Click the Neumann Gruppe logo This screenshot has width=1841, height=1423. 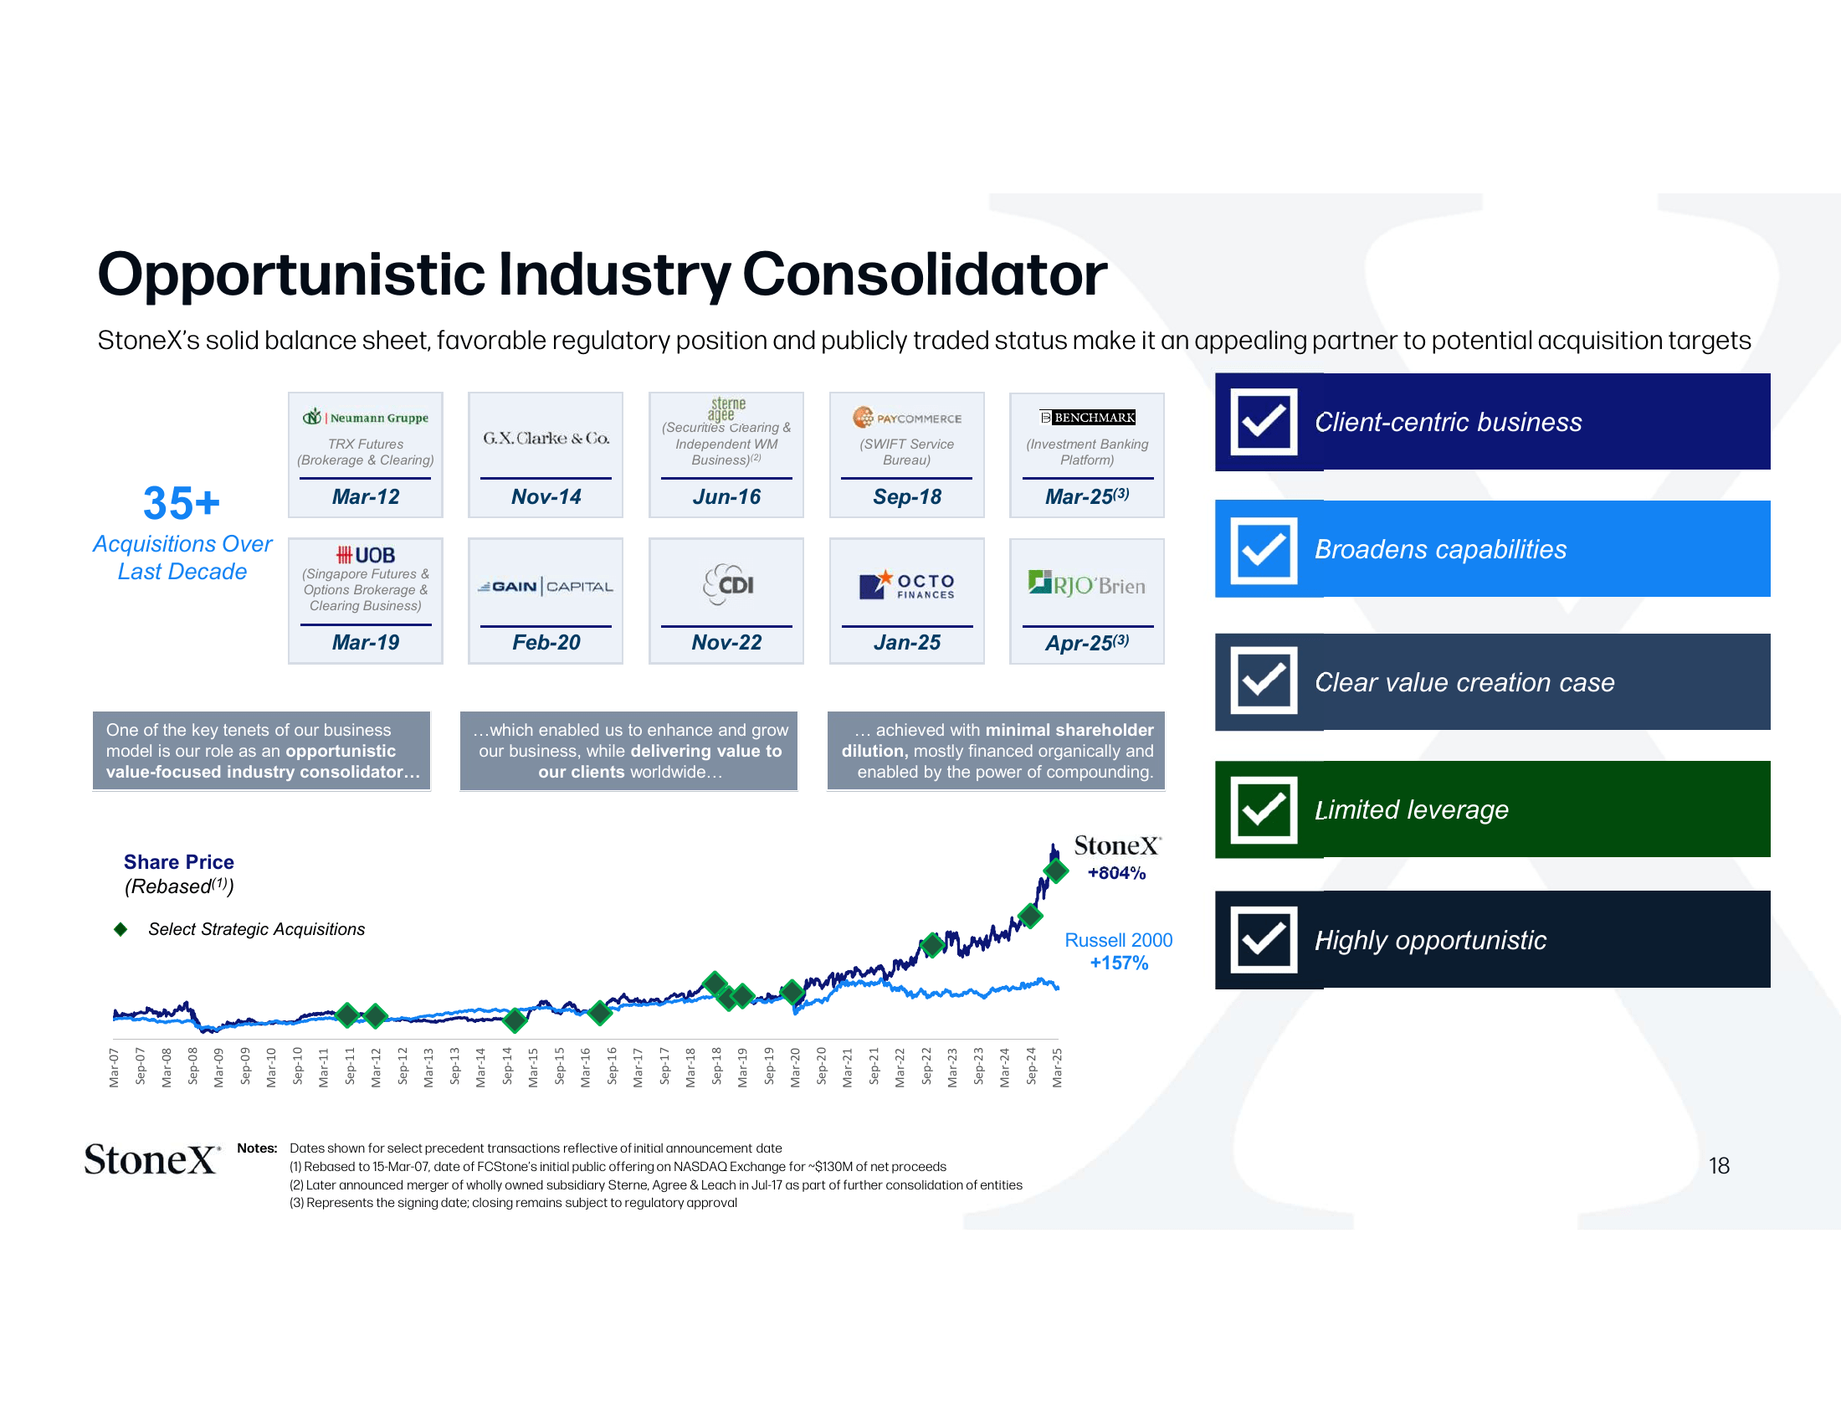tap(365, 418)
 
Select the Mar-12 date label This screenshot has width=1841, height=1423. tap(365, 496)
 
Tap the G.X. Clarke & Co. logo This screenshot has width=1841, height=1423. tap(546, 439)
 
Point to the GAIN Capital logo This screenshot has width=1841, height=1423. tap(546, 587)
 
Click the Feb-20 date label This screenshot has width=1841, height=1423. tap(546, 642)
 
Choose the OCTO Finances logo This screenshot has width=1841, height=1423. tap(906, 585)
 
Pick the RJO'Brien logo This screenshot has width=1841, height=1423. tap(1086, 584)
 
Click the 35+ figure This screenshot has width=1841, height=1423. tap(182, 503)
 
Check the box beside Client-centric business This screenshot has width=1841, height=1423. tap(1263, 422)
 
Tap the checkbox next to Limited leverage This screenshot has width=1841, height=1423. tap(1263, 809)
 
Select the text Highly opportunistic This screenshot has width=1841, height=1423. tap(1429, 940)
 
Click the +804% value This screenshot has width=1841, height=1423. tap(1116, 873)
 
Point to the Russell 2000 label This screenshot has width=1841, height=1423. tap(1118, 940)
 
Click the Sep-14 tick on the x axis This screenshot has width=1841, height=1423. tap(507, 1066)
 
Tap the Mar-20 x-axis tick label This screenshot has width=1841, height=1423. tap(795, 1066)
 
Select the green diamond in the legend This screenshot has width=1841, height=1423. tap(121, 929)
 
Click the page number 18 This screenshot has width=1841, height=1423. tap(1718, 1165)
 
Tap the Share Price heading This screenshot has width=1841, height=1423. tap(179, 861)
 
